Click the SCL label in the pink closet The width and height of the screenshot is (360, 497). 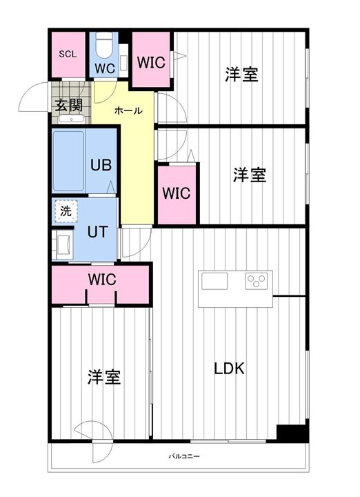(68, 54)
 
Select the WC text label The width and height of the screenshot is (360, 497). (104, 68)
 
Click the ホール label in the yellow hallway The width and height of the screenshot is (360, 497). (128, 110)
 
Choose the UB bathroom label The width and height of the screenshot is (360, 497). (101, 166)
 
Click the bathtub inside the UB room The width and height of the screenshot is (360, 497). (69, 161)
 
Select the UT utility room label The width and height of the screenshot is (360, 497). (97, 231)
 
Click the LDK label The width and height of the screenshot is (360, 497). (228, 368)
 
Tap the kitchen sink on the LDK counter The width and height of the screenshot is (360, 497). (214, 282)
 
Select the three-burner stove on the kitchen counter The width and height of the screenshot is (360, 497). (257, 281)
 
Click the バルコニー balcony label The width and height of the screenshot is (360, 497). (184, 457)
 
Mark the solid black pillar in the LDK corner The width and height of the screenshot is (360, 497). (292, 433)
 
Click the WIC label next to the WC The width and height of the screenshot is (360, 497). (150, 62)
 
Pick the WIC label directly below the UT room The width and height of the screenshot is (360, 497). (101, 280)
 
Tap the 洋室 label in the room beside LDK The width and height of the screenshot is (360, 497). (104, 377)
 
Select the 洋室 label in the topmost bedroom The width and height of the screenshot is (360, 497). (241, 75)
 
